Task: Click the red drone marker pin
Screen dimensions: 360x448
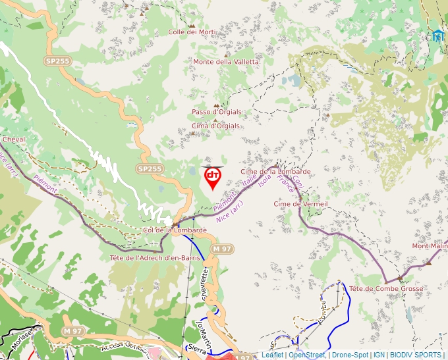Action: coord(212,177)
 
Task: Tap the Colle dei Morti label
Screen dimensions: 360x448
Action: coord(192,32)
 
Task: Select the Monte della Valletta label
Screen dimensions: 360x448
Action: coord(226,62)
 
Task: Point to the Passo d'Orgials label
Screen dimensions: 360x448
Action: coord(217,112)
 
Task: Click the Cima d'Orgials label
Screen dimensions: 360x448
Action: coord(215,126)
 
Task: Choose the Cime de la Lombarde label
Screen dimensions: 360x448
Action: coord(275,172)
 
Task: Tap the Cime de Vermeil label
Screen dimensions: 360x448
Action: coord(300,204)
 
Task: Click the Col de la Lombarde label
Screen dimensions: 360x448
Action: coord(175,230)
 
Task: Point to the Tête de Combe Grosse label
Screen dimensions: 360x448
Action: coord(387,289)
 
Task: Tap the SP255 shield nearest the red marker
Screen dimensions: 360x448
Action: coord(150,169)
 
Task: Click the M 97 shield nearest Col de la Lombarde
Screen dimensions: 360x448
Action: coord(222,249)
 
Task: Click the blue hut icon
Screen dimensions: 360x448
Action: coord(438,36)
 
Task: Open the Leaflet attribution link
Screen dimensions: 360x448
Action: coord(272,355)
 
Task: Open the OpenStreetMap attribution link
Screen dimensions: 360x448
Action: coord(306,355)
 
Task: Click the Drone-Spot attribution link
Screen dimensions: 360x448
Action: coord(350,355)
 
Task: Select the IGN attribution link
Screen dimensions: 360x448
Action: coord(379,355)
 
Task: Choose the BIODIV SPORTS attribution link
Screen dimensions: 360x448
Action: coord(415,355)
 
